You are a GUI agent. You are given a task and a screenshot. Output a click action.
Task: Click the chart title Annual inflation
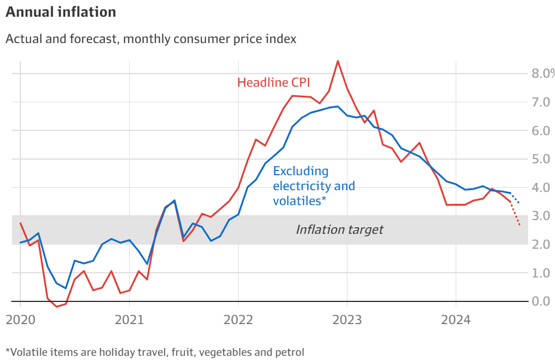pos(60,12)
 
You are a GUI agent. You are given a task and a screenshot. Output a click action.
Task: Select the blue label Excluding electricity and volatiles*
pos(313,186)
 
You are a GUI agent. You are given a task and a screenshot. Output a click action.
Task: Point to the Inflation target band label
pos(339,230)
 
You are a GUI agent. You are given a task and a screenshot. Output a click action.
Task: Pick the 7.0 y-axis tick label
pos(541,102)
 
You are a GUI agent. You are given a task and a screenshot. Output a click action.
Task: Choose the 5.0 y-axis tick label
pos(541,159)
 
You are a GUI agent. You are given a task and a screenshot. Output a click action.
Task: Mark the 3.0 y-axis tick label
pos(541,216)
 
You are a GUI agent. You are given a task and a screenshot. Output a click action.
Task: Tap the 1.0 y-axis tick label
pos(541,273)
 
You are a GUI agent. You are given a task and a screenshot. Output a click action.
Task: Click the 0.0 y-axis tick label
pos(541,301)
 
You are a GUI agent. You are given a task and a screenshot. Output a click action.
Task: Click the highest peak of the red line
pos(338,60)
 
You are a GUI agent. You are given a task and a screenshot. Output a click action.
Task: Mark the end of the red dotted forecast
pos(520,225)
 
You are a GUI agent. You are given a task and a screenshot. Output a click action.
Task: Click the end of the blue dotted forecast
pos(519,203)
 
